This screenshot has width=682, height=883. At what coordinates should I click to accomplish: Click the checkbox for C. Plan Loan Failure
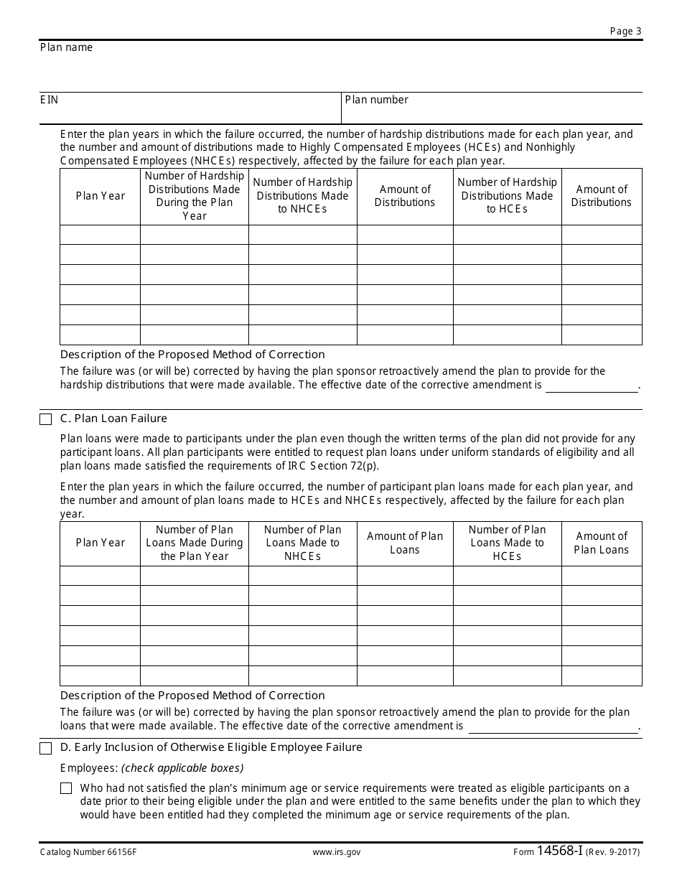coord(46,419)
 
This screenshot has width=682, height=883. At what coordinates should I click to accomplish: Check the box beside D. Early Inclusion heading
coord(46,748)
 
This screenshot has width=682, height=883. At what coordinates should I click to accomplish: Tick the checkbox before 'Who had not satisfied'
coord(66,788)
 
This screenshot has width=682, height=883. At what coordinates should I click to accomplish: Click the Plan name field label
coord(66,47)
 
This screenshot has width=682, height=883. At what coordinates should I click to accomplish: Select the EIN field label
coord(49,100)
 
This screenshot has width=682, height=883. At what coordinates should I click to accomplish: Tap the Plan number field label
coord(376,100)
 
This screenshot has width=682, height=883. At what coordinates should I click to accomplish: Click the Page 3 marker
coord(625,31)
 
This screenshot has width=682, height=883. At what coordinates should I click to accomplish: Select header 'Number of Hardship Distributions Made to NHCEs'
coord(302,195)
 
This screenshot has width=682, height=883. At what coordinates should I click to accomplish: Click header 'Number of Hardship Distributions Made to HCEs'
coord(507,195)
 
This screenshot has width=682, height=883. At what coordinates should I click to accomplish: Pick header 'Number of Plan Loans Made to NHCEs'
coord(302,543)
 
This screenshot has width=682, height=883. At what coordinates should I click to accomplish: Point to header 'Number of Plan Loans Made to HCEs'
coord(507,543)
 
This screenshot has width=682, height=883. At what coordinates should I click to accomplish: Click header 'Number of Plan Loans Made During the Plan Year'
coord(194,543)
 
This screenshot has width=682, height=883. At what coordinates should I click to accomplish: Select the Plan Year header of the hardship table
coord(100,196)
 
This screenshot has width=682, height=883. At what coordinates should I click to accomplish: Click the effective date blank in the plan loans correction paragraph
coord(552,727)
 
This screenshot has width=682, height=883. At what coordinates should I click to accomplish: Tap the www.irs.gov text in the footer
coord(336,853)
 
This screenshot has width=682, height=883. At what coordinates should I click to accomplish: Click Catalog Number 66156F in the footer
coord(88,853)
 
